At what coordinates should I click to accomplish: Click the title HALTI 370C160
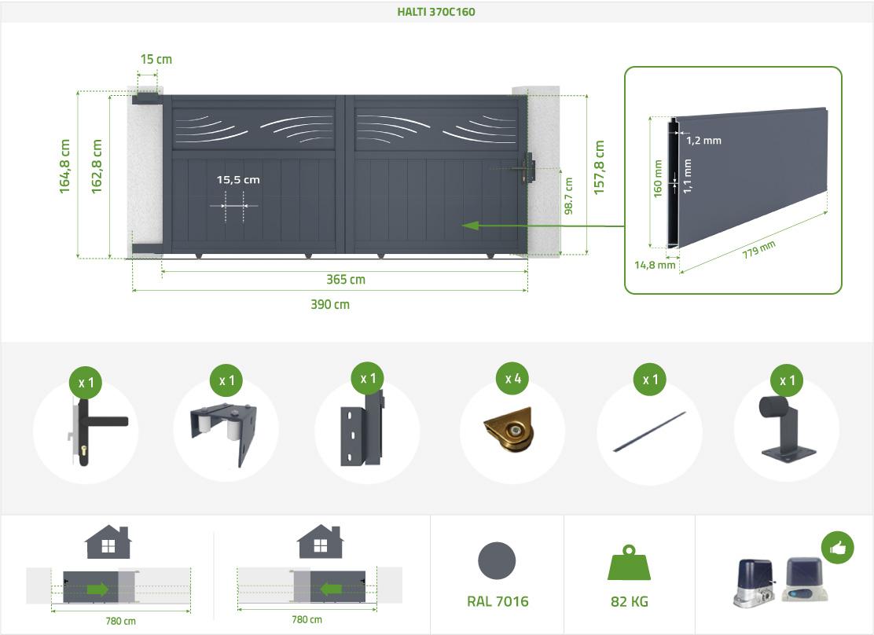[x=436, y=12]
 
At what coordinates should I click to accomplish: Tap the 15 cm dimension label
[x=156, y=59]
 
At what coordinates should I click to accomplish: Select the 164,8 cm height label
[x=64, y=167]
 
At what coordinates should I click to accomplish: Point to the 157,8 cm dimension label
[x=599, y=167]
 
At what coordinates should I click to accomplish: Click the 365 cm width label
[x=346, y=279]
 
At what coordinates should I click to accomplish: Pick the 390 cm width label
[x=330, y=304]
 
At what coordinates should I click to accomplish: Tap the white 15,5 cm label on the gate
[x=238, y=179]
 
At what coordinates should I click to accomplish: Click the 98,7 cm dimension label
[x=568, y=196]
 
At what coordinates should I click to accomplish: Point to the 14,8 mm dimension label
[x=655, y=265]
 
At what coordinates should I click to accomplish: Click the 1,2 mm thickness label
[x=703, y=141]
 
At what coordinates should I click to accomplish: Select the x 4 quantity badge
[x=512, y=379]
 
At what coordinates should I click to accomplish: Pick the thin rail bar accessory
[x=649, y=431]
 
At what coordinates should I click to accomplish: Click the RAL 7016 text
[x=498, y=601]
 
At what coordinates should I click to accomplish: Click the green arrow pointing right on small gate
[x=97, y=589]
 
